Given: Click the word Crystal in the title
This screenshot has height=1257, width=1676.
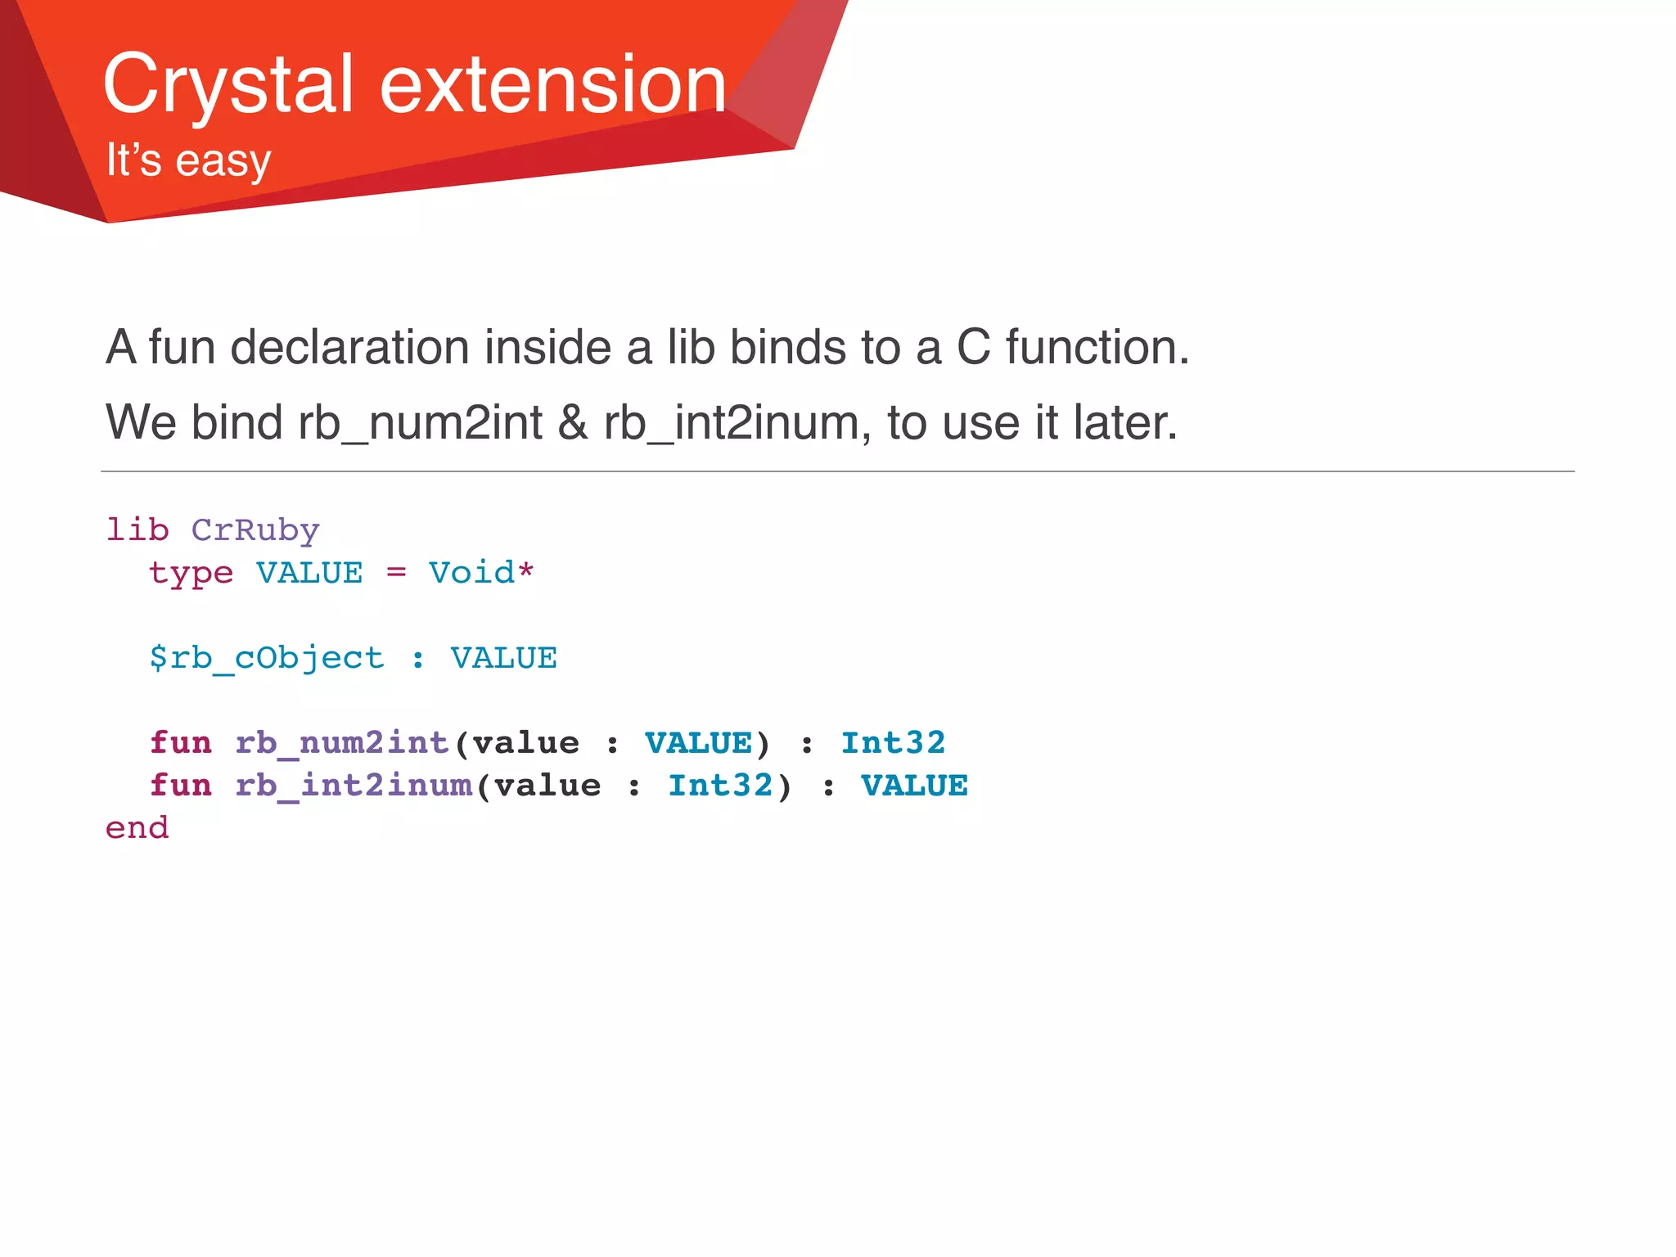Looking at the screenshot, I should coord(228,85).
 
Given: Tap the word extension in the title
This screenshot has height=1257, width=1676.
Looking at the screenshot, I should coord(553,85).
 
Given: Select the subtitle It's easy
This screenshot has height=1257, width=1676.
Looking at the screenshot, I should coord(188,160).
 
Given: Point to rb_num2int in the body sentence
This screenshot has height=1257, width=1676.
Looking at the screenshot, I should coord(420,423).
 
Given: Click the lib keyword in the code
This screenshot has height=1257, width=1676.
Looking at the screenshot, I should coord(137,530).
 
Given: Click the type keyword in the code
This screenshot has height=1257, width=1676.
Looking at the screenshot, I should coord(191,574).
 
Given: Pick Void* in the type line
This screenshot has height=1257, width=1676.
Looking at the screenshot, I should coord(481,572).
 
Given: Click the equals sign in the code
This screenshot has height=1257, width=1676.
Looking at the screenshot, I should coord(396,573).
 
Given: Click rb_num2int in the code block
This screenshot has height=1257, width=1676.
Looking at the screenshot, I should coord(341,743).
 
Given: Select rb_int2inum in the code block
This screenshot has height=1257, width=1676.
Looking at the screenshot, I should coord(354,786).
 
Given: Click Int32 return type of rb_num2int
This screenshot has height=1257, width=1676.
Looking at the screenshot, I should coord(893,743).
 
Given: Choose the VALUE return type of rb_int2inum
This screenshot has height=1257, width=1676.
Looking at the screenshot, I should coord(914,786).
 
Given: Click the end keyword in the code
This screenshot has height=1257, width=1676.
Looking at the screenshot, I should coord(137,828).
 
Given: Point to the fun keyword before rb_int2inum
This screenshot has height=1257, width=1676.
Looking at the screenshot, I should coord(180,786).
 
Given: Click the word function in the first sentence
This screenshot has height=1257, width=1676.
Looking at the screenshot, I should coord(1097,347).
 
